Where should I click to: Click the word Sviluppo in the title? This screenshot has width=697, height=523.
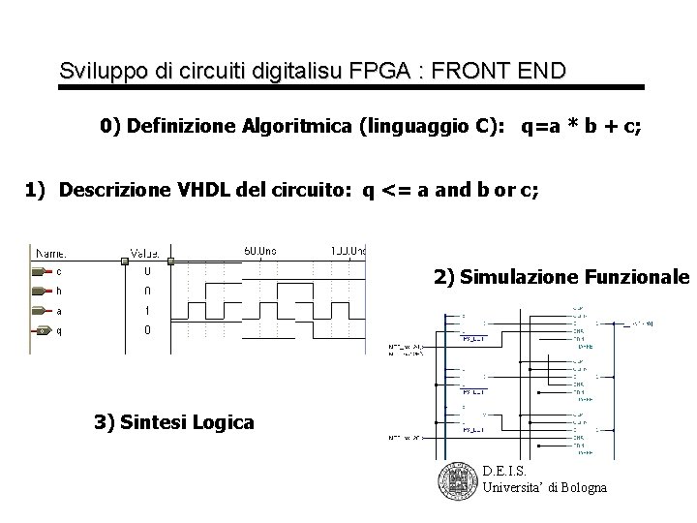click(95, 71)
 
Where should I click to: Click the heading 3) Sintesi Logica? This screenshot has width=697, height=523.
click(174, 421)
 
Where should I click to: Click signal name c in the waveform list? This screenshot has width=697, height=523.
click(59, 271)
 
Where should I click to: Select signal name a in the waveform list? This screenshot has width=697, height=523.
click(59, 311)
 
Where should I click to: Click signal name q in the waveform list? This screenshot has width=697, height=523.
click(59, 330)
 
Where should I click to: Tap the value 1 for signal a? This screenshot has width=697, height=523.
click(146, 311)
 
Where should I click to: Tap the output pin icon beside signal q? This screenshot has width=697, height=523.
click(41, 331)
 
